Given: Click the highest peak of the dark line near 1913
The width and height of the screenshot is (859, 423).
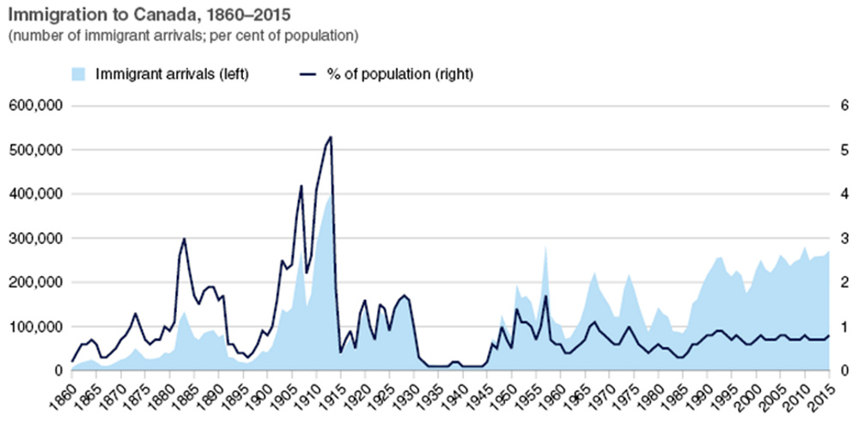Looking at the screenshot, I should point(331,137).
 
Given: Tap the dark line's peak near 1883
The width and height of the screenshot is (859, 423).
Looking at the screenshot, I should point(184,238).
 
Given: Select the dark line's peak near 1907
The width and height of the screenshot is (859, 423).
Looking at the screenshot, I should point(302,186).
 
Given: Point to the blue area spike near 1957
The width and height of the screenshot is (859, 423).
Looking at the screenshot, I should point(545,247).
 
